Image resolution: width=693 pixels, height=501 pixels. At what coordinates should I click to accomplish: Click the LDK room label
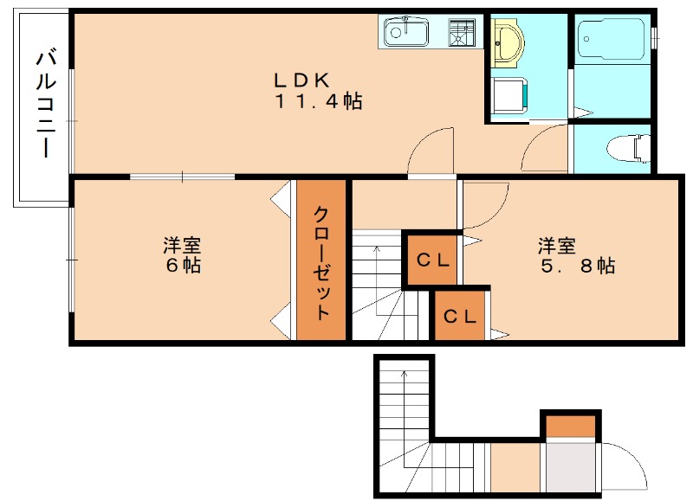(301, 80)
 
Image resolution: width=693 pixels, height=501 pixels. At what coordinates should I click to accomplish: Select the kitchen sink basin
(405, 32)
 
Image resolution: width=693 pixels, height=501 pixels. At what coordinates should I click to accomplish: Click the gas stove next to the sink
(461, 32)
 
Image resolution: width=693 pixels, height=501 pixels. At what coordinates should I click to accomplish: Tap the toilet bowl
(631, 148)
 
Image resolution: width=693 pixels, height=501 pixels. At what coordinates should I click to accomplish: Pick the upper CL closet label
(433, 259)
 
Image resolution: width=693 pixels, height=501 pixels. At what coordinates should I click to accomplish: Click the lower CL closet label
(460, 317)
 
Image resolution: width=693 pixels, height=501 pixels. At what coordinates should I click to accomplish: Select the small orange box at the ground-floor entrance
(570, 426)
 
